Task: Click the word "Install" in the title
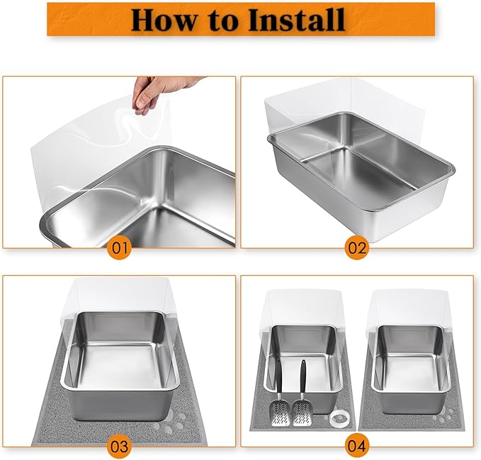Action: point(297,19)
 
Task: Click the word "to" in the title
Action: point(225,20)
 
